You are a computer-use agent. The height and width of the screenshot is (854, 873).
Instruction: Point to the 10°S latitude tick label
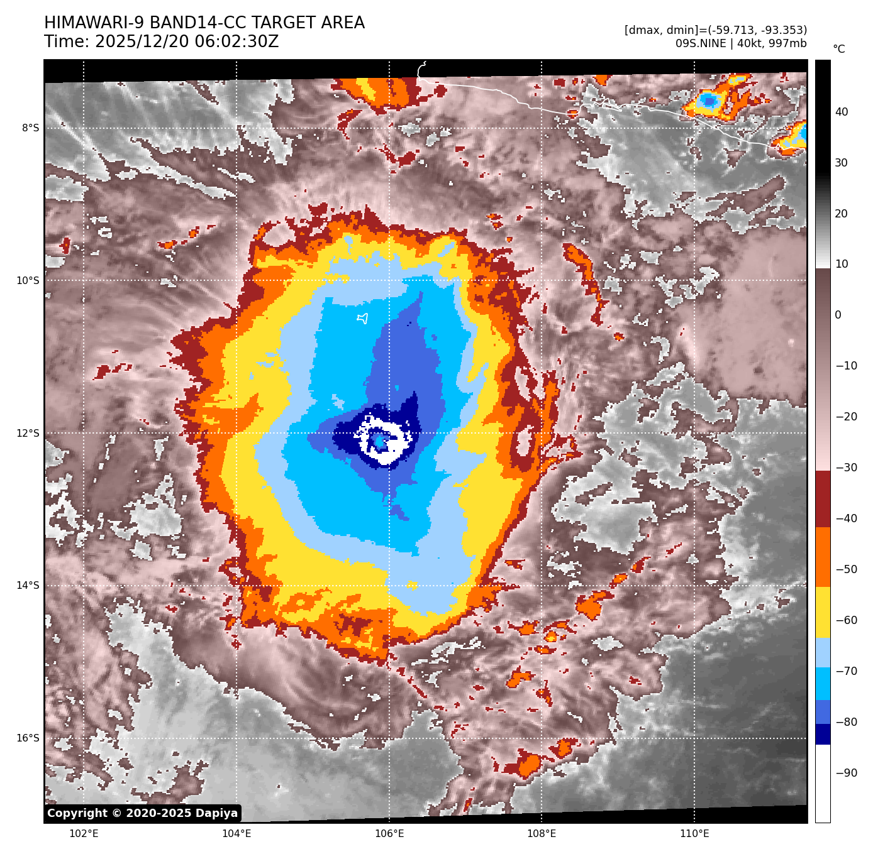coord(28,281)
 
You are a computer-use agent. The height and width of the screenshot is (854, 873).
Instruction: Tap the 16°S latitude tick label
coord(28,738)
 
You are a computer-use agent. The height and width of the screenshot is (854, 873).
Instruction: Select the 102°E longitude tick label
coord(84,834)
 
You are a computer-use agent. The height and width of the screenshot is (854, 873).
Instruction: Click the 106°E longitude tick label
coord(389,834)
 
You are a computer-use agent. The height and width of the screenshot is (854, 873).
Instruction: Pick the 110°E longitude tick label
coord(694,834)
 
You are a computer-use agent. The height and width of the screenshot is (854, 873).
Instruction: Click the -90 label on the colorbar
coord(846,773)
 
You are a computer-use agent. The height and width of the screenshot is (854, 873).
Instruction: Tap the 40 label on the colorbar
coord(842,112)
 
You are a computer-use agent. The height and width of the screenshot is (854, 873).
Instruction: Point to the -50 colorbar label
coord(846,569)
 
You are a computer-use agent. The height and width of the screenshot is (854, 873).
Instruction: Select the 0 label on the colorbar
coord(838,315)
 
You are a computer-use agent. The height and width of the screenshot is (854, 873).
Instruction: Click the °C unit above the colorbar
coord(839,49)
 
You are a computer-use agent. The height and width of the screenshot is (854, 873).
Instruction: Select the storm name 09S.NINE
coord(700,43)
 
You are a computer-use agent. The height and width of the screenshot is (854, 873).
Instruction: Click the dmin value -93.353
coord(779,30)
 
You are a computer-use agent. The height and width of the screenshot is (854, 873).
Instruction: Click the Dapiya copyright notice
coord(143,813)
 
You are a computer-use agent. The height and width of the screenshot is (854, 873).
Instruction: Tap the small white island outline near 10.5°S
coord(362,319)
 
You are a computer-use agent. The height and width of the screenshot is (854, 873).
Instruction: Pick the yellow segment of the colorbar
coord(823,613)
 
